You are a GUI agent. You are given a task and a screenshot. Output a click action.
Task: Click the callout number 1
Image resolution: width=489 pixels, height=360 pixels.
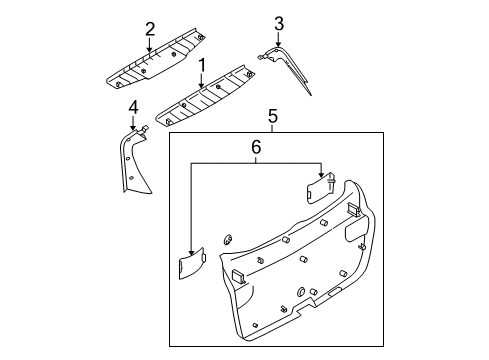click(x=202, y=65)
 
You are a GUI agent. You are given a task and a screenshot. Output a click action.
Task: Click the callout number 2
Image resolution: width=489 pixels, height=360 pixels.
click(x=150, y=29)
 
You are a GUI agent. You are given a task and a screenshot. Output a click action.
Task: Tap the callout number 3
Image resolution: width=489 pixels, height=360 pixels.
click(x=279, y=24)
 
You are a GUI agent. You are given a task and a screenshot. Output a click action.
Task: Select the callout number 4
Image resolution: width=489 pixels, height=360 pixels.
click(x=133, y=107)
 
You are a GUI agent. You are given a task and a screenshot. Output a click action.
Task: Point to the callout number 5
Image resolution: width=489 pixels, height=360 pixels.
click(x=273, y=117)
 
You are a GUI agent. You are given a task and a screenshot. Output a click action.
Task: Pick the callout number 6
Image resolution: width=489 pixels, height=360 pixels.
click(x=256, y=147)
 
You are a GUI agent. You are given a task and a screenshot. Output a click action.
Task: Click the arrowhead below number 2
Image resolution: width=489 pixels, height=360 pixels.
click(x=150, y=49)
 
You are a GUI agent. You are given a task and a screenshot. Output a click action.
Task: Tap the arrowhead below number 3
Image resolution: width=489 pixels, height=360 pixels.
click(x=278, y=44)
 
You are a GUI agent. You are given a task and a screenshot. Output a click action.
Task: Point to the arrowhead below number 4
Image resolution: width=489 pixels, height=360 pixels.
click(x=133, y=127)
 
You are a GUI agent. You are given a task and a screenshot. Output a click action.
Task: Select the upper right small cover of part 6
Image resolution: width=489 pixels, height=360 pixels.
click(x=320, y=188)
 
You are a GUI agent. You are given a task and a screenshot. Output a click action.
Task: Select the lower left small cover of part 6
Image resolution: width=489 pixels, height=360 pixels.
click(x=192, y=263)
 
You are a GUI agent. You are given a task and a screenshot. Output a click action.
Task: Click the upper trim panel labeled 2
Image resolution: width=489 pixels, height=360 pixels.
click(x=155, y=59)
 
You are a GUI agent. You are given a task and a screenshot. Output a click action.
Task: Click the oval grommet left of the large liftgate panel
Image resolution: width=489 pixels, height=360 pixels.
click(x=228, y=239)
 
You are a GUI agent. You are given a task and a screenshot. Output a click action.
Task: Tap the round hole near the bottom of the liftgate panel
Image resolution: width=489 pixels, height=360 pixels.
click(x=300, y=291)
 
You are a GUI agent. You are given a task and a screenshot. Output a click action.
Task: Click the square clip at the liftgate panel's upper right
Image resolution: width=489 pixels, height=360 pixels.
click(x=353, y=210)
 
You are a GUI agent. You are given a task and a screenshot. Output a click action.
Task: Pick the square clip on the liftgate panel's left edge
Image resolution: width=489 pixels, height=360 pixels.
click(x=238, y=277)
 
